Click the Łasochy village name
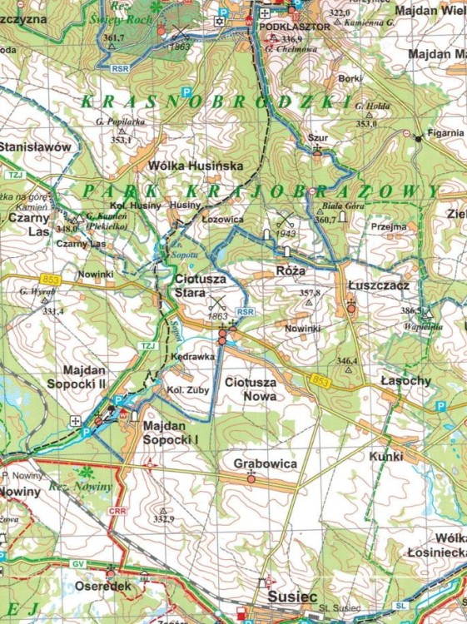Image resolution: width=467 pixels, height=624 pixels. (405, 380)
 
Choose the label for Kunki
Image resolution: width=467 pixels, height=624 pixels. (387, 456)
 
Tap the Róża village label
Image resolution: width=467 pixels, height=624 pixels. (291, 271)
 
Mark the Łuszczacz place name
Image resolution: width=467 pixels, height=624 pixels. (378, 285)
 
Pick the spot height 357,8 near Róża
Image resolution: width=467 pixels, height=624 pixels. (310, 293)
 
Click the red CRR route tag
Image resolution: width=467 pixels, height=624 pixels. (117, 510)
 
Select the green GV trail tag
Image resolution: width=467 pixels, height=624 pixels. (77, 564)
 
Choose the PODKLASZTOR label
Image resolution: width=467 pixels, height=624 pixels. (284, 26)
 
